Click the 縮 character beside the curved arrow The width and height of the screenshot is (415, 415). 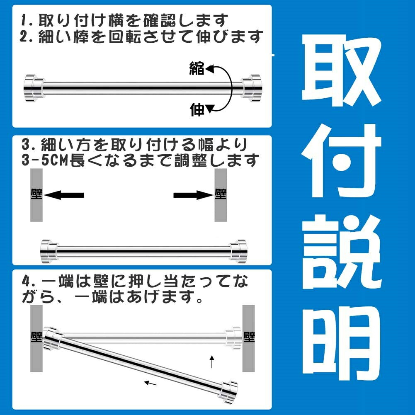(x=197, y=68)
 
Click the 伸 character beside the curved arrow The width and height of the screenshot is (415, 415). (x=197, y=109)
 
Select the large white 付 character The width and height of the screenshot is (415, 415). (x=342, y=161)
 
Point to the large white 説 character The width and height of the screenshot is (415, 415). (x=342, y=251)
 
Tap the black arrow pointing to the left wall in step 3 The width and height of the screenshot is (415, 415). (x=64, y=195)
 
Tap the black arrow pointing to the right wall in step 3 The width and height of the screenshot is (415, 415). (x=193, y=195)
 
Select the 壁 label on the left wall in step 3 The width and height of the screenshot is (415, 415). (x=36, y=194)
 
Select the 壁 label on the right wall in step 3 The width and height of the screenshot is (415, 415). (x=221, y=194)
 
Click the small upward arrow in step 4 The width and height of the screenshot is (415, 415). (x=212, y=362)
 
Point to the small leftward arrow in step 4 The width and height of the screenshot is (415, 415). (x=150, y=383)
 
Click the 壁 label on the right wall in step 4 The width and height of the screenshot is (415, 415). (x=249, y=337)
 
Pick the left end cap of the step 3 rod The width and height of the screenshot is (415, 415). (x=49, y=251)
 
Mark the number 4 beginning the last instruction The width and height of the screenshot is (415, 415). (x=26, y=282)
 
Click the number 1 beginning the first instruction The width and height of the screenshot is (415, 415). (x=24, y=21)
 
